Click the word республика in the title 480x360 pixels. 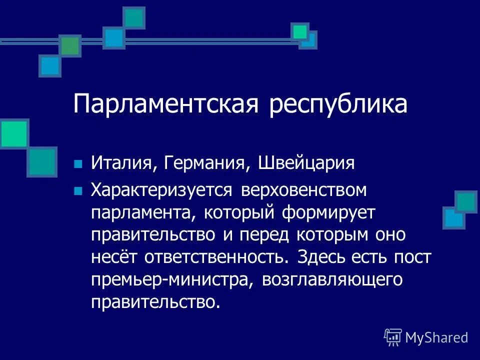pos(338,105)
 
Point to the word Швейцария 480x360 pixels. pos(306,164)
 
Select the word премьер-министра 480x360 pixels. pos(171,279)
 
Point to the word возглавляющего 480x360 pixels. pos(332,279)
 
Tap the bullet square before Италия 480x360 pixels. pos(77,164)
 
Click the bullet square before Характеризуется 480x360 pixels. pos(77,190)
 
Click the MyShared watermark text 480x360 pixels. pos(436,337)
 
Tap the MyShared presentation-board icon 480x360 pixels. pos(393,337)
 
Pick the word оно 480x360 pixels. pos(367,235)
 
